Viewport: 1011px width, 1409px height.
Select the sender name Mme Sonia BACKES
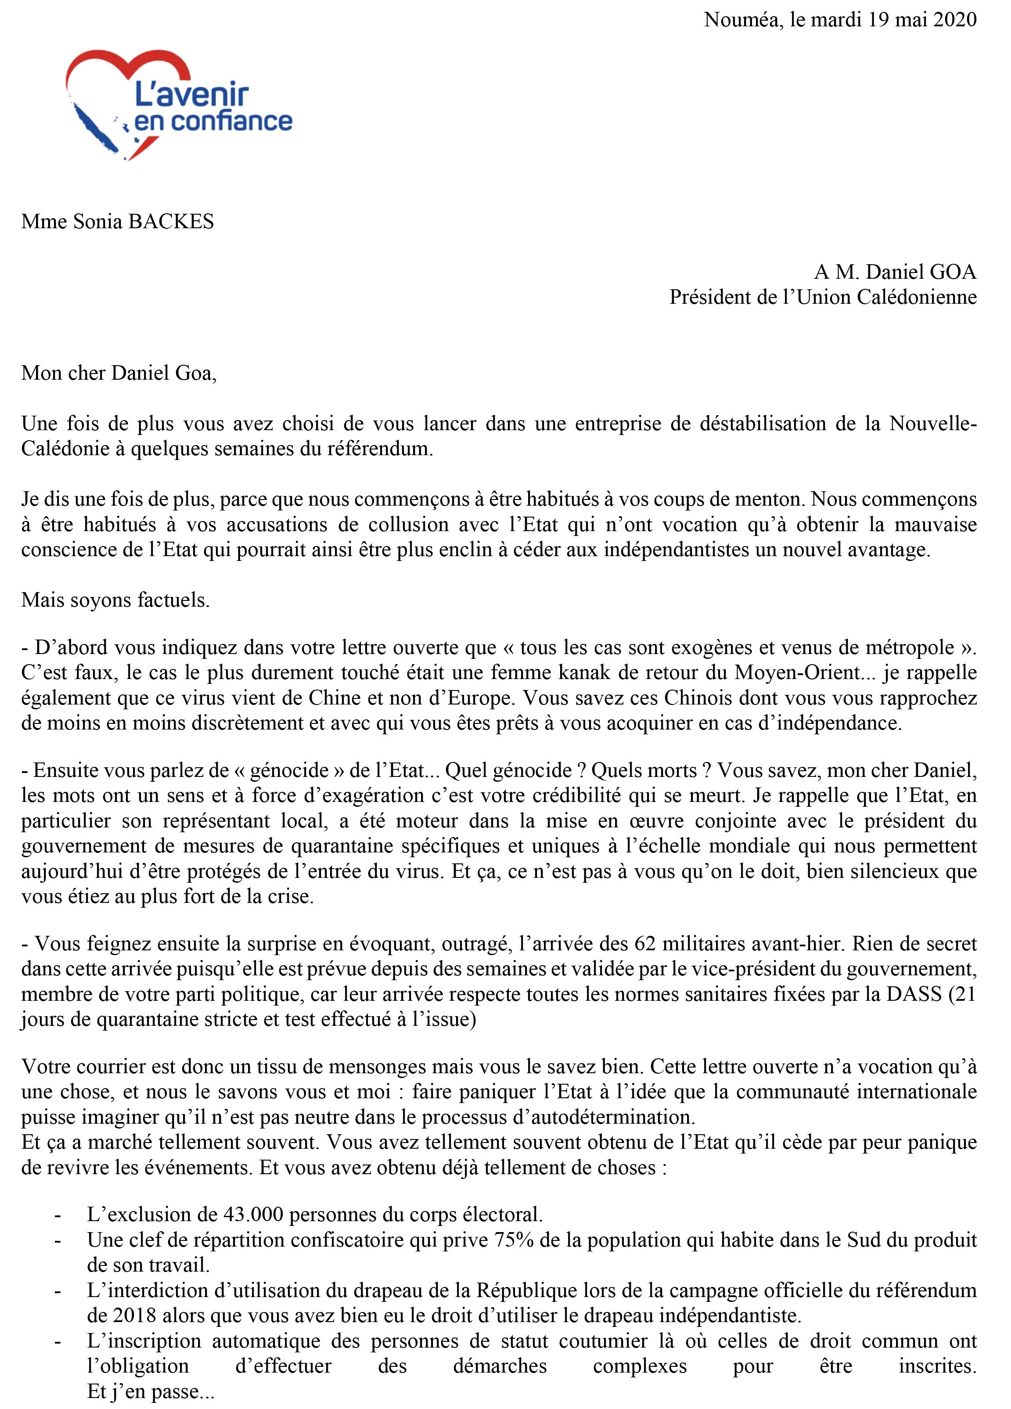pyautogui.click(x=118, y=221)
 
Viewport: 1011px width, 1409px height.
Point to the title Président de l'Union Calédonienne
pyautogui.click(x=822, y=297)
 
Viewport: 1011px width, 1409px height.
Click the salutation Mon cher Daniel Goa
pyautogui.click(x=118, y=373)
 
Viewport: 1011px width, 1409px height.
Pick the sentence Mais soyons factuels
pyautogui.click(x=115, y=600)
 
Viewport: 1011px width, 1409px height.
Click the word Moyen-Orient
pyautogui.click(x=797, y=672)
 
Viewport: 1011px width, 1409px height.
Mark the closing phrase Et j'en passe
pyautogui.click(x=151, y=1391)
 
